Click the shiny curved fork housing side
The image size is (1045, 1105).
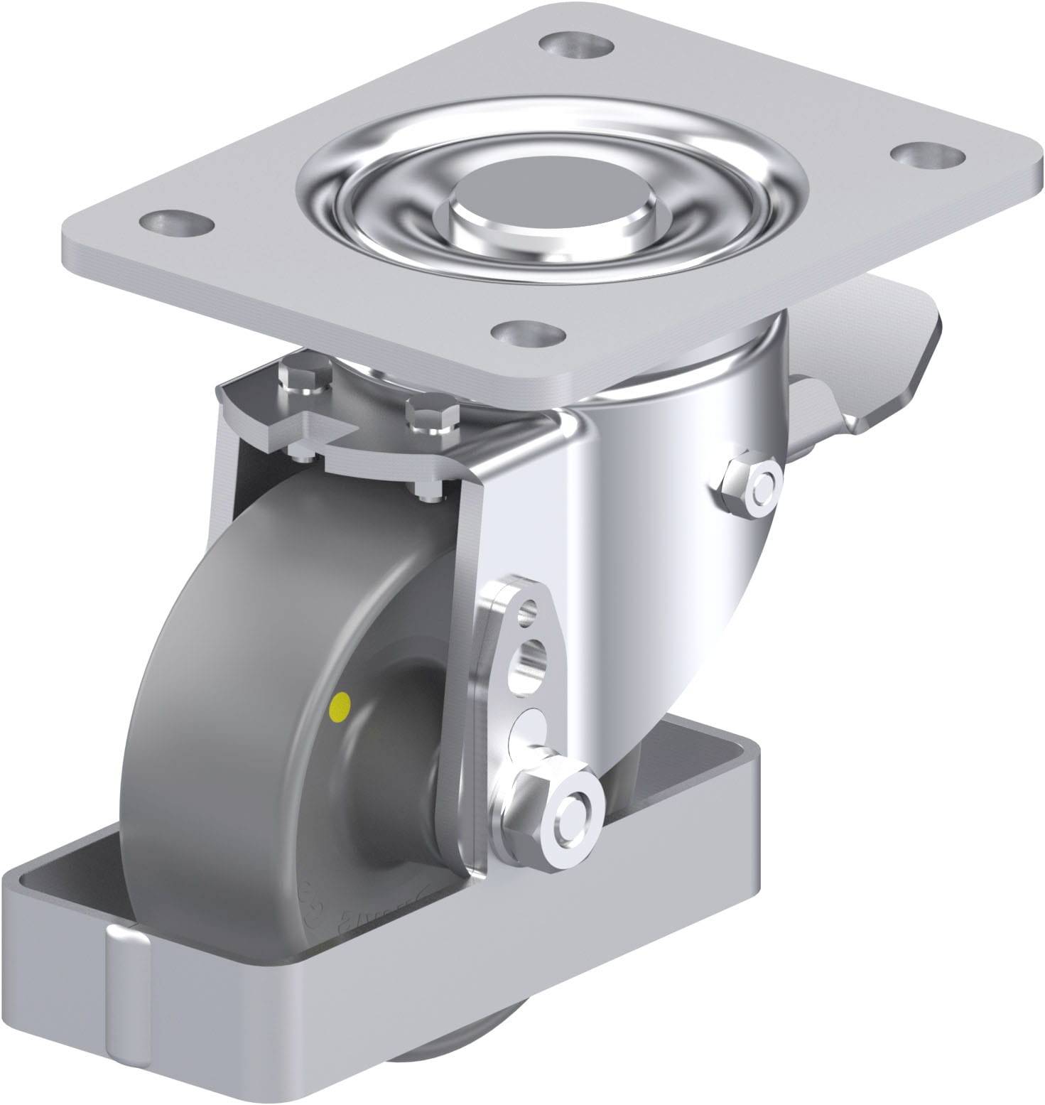tap(639, 568)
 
